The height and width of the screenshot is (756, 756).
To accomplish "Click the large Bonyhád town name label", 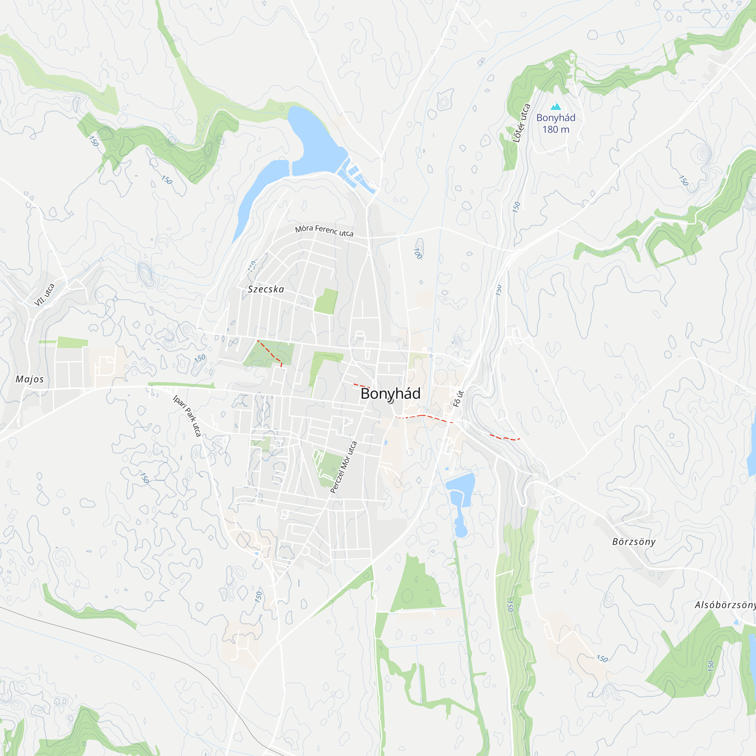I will click(x=390, y=393).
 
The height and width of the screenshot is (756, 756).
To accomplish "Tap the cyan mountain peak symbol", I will click(x=556, y=107).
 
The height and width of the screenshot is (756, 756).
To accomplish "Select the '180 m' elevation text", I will click(x=556, y=130).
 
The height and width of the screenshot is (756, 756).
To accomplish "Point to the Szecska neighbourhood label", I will click(x=266, y=289).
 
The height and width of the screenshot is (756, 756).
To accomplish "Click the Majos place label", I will click(x=30, y=379).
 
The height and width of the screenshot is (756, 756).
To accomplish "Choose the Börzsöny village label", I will click(x=634, y=542).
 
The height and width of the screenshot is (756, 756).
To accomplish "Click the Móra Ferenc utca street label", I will click(x=324, y=231).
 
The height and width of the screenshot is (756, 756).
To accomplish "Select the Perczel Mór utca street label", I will click(x=344, y=467).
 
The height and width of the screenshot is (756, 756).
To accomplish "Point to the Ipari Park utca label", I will click(x=187, y=415).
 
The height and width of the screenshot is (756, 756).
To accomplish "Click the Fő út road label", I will click(x=458, y=399).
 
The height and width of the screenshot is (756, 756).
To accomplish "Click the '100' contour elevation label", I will click(x=418, y=254).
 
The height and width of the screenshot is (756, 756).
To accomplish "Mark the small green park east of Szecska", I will click(x=325, y=301).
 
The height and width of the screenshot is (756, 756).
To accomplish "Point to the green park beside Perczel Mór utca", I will click(x=329, y=468).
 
